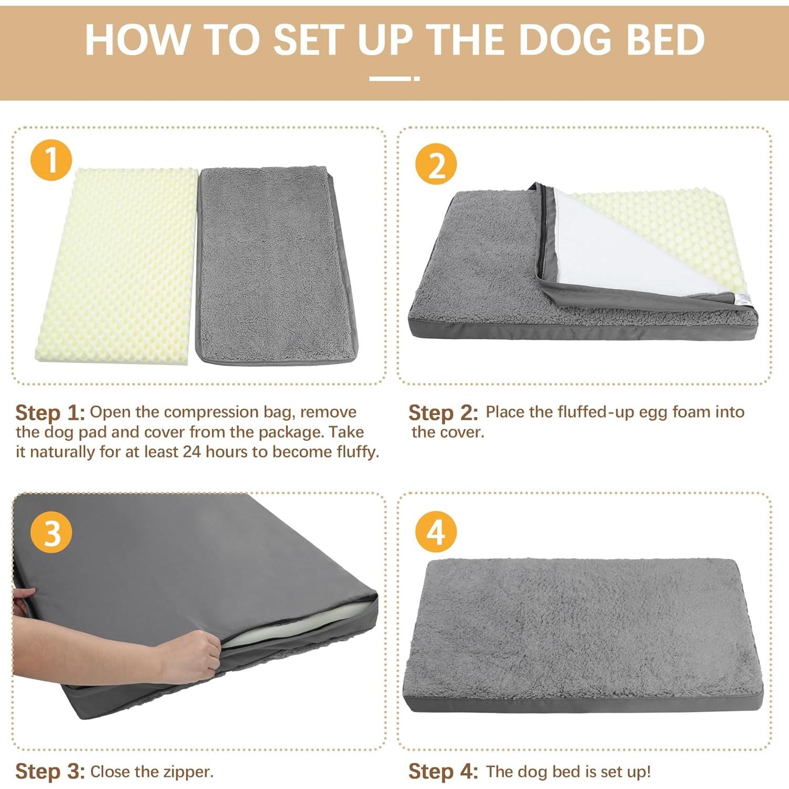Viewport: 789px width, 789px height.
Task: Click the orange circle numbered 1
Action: [x=51, y=160]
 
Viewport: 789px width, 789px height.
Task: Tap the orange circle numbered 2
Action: [x=436, y=164]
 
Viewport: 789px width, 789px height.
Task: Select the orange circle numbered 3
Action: [x=51, y=532]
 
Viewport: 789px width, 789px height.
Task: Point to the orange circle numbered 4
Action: [x=436, y=532]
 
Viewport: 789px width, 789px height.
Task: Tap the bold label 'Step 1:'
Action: [x=50, y=413]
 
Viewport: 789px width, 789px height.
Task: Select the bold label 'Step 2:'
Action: [x=443, y=413]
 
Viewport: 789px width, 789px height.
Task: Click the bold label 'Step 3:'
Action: [x=50, y=772]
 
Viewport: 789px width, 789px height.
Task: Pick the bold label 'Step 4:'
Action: [x=443, y=772]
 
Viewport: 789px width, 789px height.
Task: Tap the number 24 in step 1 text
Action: [x=191, y=452]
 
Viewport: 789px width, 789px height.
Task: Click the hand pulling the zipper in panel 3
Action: [x=189, y=657]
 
